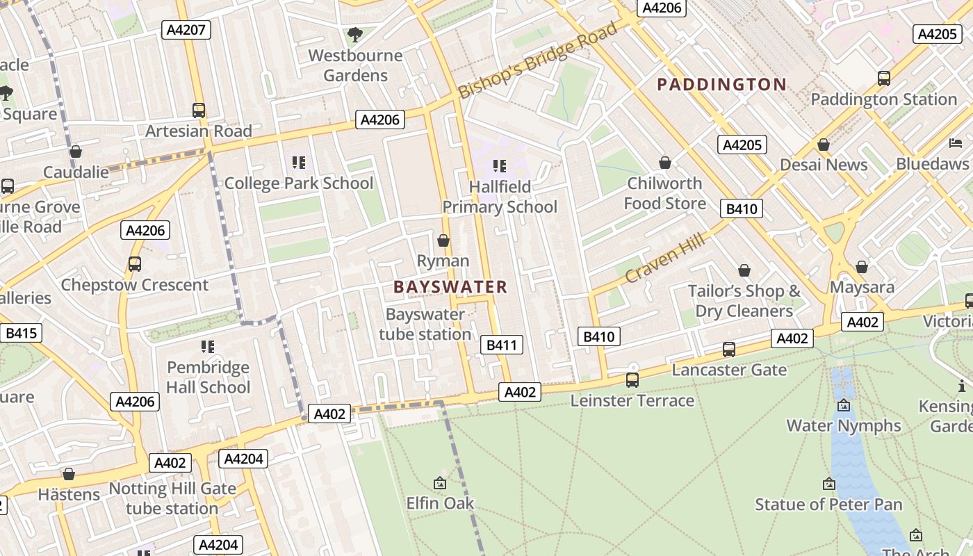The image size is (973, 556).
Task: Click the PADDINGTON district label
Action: (x=721, y=85)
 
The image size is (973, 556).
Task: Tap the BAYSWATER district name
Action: (x=450, y=286)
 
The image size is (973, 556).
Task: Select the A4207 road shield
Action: (x=186, y=29)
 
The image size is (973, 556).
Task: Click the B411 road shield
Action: (x=501, y=345)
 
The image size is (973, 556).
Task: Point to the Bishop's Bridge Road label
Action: (x=538, y=60)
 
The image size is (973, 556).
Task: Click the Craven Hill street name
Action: (x=664, y=258)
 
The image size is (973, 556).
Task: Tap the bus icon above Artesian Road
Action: (x=199, y=110)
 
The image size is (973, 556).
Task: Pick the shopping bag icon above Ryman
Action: (x=443, y=240)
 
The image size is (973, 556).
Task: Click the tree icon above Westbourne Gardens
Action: (x=355, y=34)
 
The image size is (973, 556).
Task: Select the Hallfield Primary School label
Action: (x=500, y=197)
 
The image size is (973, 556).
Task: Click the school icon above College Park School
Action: (x=299, y=163)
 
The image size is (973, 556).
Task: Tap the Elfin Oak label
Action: (x=440, y=502)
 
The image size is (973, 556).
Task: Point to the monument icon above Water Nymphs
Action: (x=844, y=405)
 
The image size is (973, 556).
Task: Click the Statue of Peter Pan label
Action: (x=828, y=504)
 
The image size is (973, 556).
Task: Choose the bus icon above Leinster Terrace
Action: (x=632, y=380)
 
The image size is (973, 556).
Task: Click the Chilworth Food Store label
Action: (x=664, y=193)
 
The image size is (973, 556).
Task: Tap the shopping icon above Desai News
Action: (x=824, y=145)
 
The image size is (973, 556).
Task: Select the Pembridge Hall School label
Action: (x=208, y=377)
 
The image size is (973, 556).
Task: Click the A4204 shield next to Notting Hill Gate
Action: (x=243, y=459)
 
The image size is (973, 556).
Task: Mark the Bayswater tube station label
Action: (x=425, y=324)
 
